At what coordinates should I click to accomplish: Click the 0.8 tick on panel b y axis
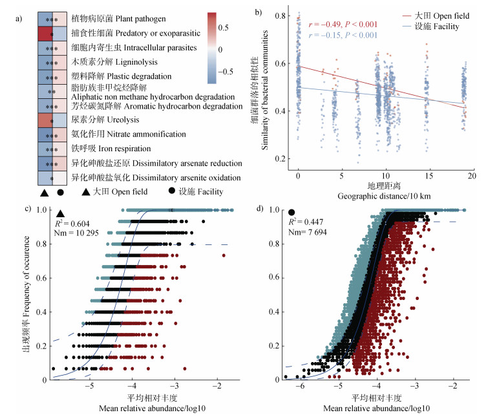[280, 14]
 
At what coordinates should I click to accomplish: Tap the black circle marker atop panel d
[292, 212]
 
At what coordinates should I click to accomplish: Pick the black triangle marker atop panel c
[60, 213]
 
